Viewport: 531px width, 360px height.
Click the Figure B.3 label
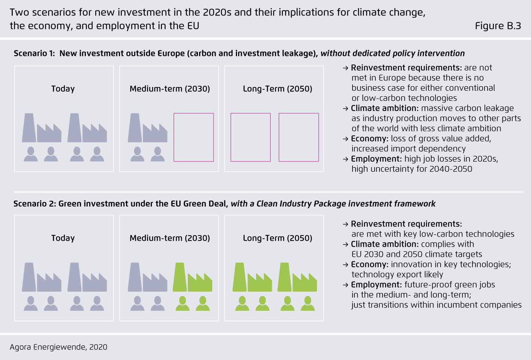coord(498,26)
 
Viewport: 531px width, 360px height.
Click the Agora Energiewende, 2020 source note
coord(58,347)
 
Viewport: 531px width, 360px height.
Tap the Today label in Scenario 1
coord(63,89)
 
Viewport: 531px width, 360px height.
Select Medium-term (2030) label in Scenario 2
coord(169,238)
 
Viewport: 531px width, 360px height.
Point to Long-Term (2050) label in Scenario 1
coord(277,89)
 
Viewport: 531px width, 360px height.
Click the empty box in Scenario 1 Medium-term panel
coord(193,137)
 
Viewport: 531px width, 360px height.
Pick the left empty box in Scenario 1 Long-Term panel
coord(250,137)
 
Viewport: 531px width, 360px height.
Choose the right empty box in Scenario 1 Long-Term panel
coord(298,137)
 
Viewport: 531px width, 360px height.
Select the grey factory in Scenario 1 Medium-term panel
coord(147,128)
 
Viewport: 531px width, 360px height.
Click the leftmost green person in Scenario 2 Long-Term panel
coord(242,303)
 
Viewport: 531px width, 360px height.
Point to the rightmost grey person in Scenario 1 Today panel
coord(97,154)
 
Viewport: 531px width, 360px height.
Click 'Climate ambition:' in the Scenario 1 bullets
coord(384,108)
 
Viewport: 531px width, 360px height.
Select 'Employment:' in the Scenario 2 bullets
coord(376,285)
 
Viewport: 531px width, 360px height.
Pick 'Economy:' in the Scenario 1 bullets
coord(369,139)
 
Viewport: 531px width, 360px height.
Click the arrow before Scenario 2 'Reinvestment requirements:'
coord(346,224)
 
